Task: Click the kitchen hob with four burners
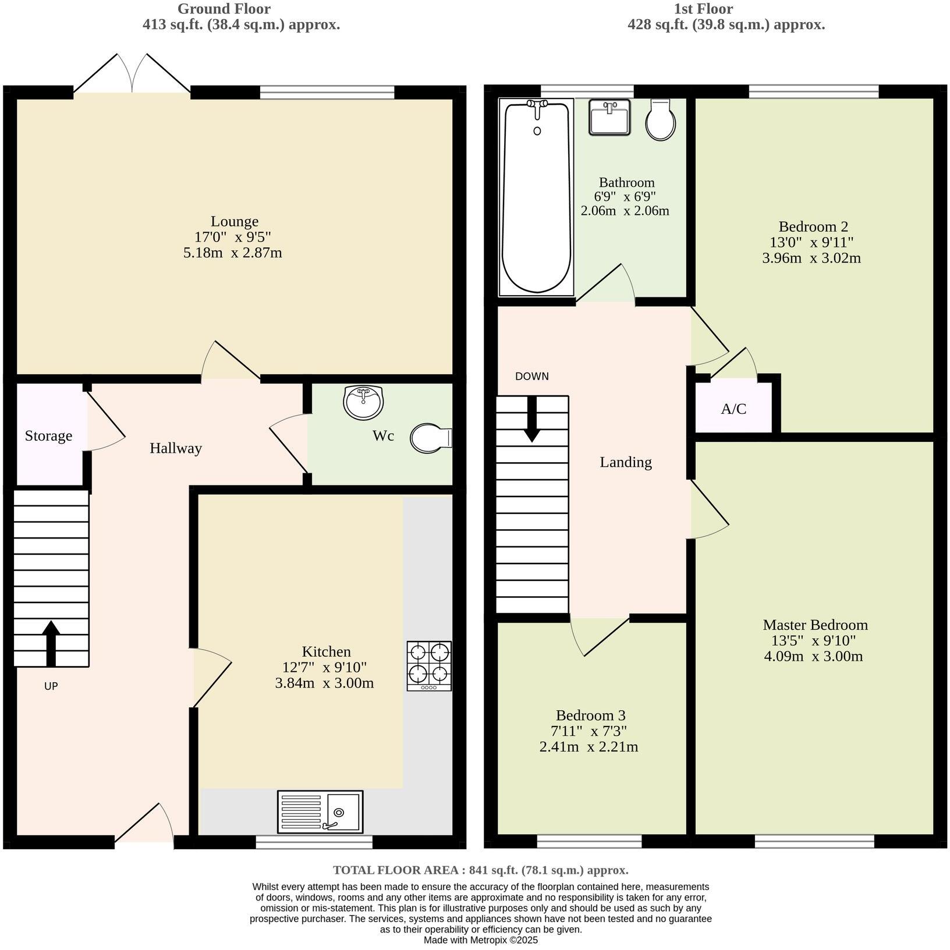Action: click(429, 665)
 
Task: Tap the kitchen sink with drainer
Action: click(320, 810)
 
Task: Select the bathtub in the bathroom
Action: click(536, 196)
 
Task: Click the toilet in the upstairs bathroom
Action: click(661, 120)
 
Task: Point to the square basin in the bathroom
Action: click(609, 117)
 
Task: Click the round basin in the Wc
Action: click(363, 402)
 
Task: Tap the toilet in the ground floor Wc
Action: click(431, 438)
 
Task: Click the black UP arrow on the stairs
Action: click(51, 643)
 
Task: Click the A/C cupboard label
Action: click(733, 409)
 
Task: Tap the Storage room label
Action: click(48, 436)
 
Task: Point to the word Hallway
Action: click(176, 448)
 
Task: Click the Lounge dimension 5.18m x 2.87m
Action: click(233, 253)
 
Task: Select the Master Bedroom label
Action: click(815, 625)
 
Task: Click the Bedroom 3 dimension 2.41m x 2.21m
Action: click(589, 747)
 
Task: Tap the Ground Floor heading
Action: click(224, 9)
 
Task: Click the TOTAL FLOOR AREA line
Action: click(481, 870)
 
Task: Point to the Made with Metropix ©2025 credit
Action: click(481, 940)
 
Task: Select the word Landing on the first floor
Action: click(626, 462)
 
